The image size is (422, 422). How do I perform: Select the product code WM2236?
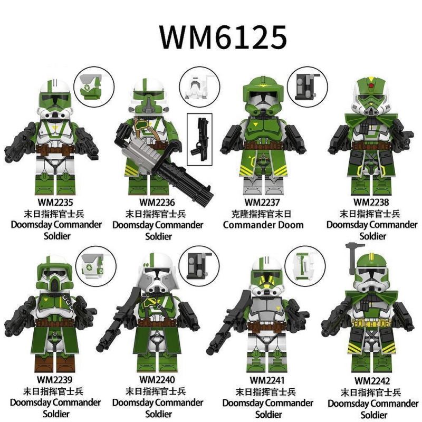pyautogui.click(x=157, y=203)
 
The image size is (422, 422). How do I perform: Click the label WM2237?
pyautogui.click(x=263, y=203)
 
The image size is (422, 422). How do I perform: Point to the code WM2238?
pyautogui.click(x=371, y=203)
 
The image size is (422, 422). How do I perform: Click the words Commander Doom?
pyautogui.click(x=263, y=225)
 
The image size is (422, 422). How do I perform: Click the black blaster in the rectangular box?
pyautogui.click(x=199, y=136)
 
